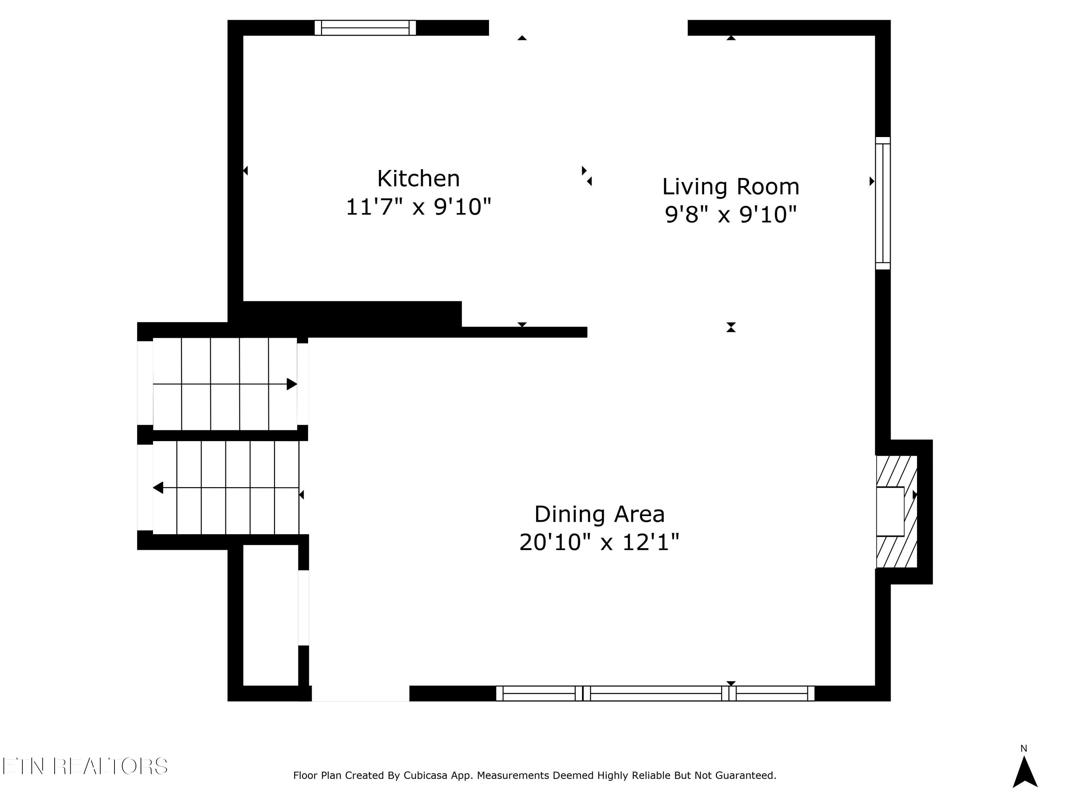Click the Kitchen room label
point(418,178)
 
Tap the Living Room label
point(730,187)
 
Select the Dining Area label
point(599,514)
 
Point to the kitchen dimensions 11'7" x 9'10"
point(418,207)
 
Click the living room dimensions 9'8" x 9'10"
point(730,214)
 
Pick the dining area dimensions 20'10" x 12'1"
point(599,542)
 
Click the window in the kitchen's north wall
point(365,27)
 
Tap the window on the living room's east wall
point(883,203)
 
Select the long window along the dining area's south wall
point(656,693)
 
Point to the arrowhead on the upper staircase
point(292,384)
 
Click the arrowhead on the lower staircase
point(158,488)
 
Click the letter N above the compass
point(1024,749)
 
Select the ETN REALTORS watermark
point(85,766)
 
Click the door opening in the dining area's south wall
point(360,693)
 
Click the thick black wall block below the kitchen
point(352,314)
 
